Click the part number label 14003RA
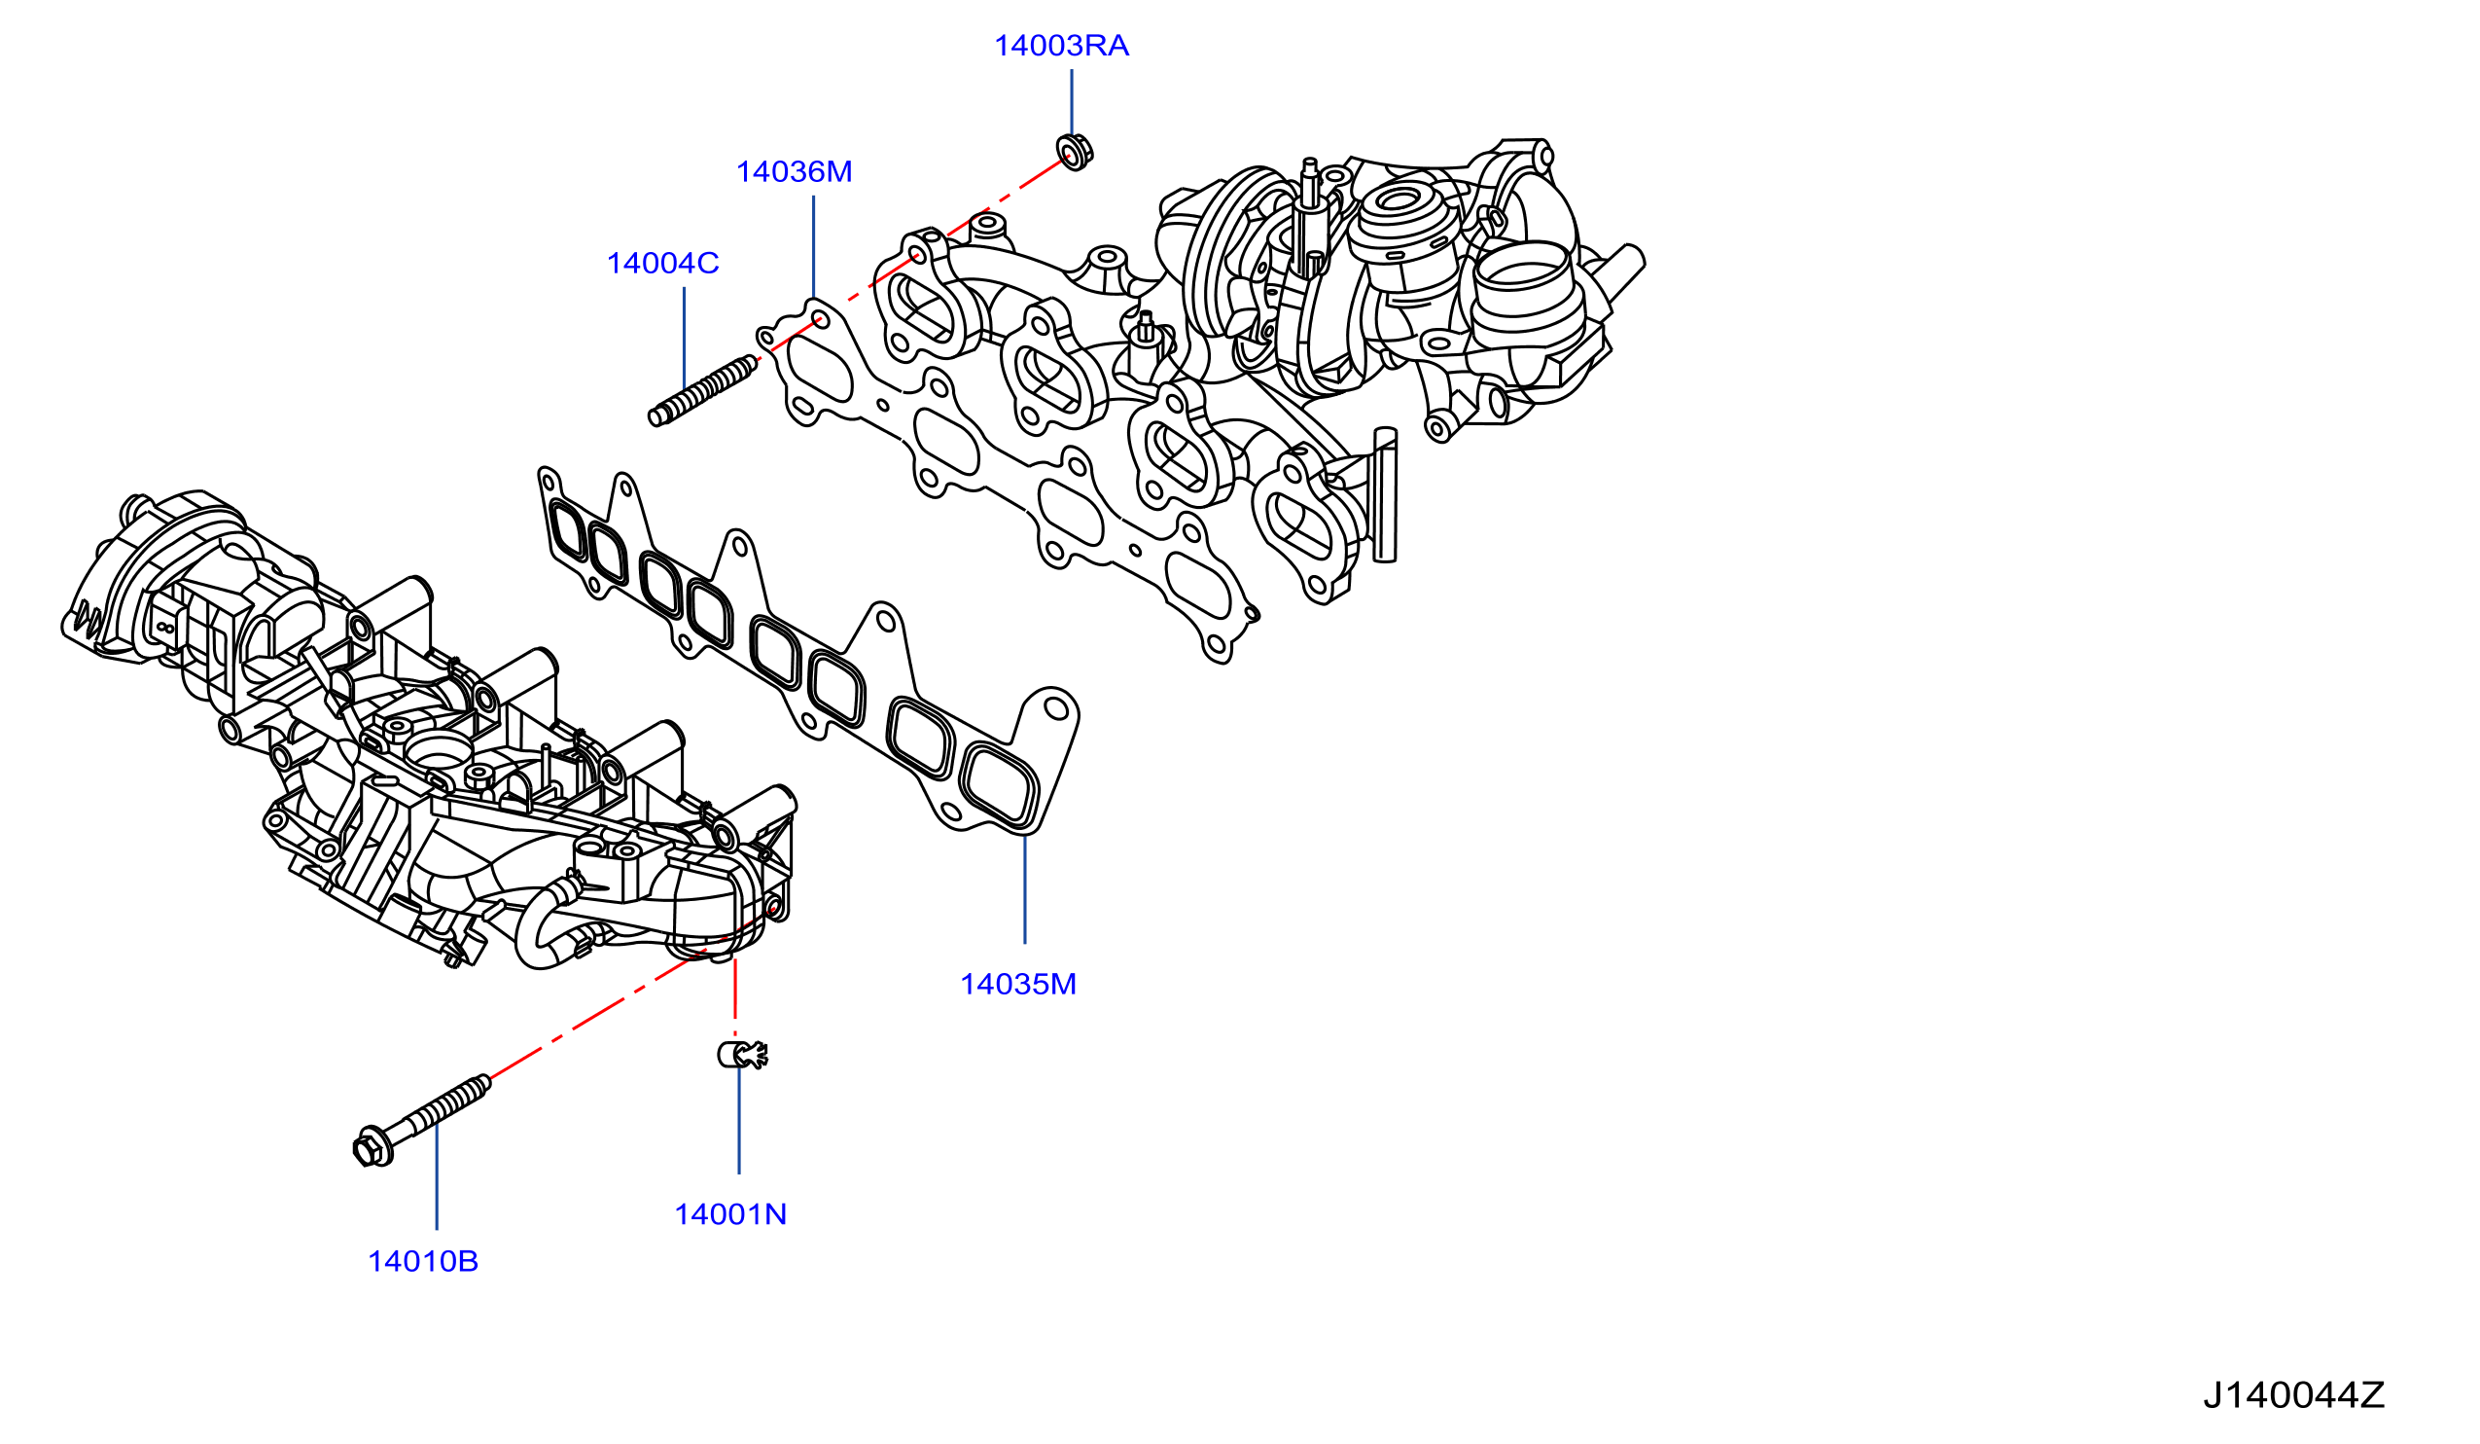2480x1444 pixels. tap(1061, 47)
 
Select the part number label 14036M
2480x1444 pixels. tap(795, 172)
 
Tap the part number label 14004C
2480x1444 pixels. tap(662, 264)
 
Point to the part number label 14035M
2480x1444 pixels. tap(1017, 985)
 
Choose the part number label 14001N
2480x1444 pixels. tap(730, 1214)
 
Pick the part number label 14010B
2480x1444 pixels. tap(422, 1261)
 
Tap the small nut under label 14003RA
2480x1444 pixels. tap(1074, 152)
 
